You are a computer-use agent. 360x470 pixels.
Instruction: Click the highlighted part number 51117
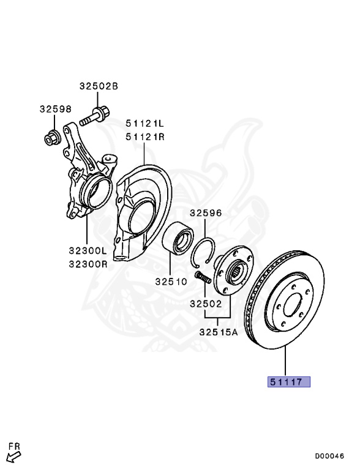(286, 382)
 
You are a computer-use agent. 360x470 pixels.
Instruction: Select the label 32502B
(99, 86)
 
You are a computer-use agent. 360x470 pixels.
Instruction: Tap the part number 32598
(56, 109)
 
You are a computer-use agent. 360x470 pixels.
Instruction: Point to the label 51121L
(145, 123)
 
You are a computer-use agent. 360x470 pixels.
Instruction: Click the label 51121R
(145, 137)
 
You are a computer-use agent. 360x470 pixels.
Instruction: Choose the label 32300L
(88, 250)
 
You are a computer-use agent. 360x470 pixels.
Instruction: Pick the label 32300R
(88, 264)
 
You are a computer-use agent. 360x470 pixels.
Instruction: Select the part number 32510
(171, 282)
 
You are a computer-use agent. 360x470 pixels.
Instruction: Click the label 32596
(206, 213)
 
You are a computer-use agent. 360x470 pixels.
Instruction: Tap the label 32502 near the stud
(206, 304)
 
